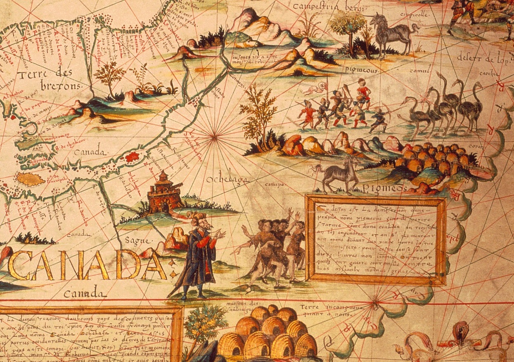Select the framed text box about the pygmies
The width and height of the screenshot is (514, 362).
[x=375, y=240]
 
